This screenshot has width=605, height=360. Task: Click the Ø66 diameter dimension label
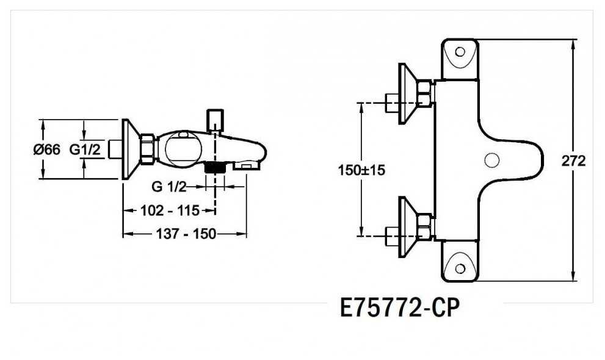click(46, 149)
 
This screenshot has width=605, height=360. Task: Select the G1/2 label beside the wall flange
click(85, 149)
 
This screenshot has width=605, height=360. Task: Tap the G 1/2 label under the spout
click(169, 187)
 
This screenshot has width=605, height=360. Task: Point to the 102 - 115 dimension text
click(170, 211)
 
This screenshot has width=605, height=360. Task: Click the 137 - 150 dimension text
click(186, 234)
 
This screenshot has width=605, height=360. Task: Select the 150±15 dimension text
click(361, 170)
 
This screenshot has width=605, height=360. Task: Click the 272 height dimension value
click(573, 160)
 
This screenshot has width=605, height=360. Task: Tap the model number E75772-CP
click(400, 308)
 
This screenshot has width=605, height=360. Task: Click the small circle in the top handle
click(460, 52)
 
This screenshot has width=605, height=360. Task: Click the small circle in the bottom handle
click(460, 268)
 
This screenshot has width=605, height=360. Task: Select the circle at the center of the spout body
click(491, 160)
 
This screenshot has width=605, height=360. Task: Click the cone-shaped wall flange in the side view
click(131, 149)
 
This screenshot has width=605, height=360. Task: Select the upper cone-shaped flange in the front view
click(407, 94)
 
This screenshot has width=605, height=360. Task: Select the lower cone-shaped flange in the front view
click(407, 228)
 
